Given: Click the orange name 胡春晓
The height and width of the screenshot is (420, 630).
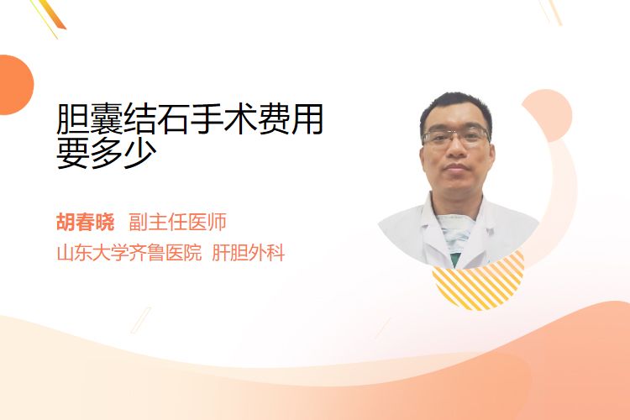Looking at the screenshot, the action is coord(85,222).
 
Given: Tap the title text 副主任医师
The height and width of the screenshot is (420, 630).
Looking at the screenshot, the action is coord(177,222).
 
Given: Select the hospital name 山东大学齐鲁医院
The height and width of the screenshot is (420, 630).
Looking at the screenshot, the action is coord(129,253).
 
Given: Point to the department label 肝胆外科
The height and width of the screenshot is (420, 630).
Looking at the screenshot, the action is coord(249,253).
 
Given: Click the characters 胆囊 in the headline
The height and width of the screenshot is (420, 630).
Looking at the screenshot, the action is coord(90,119).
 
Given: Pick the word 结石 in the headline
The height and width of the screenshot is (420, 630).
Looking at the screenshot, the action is coord(157,119).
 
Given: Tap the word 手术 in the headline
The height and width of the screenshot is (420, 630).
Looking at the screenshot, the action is coord(223,119).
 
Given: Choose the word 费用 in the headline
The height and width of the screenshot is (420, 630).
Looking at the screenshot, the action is coord(291,119).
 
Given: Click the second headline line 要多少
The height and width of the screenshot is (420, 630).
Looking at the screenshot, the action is coord(107,153).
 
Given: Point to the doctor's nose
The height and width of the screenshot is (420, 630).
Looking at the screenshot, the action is coord(456,149).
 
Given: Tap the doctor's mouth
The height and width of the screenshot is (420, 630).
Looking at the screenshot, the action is coord(456,167).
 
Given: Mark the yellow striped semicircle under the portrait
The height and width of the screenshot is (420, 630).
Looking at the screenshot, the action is coord(478,283).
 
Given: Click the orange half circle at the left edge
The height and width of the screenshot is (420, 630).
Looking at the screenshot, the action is coord(15,85).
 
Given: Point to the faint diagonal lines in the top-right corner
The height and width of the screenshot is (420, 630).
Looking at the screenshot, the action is coord(550,12).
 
